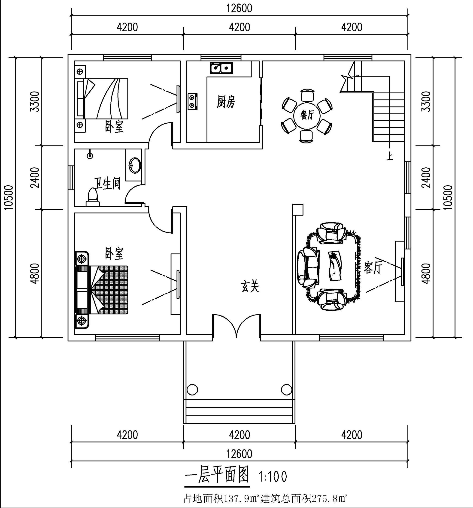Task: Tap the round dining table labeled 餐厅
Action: pyautogui.click(x=307, y=116)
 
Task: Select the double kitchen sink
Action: pyautogui.click(x=221, y=68)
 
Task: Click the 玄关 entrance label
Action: pyautogui.click(x=250, y=286)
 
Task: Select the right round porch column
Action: pyautogui.click(x=286, y=389)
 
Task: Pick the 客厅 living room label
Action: pyautogui.click(x=373, y=268)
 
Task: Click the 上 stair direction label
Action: pyautogui.click(x=390, y=156)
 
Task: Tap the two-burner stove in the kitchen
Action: pyautogui.click(x=192, y=101)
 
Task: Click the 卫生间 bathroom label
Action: pyautogui.click(x=107, y=184)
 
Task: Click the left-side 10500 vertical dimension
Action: pyautogui.click(x=9, y=197)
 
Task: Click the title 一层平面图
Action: pyautogui.click(x=217, y=475)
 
